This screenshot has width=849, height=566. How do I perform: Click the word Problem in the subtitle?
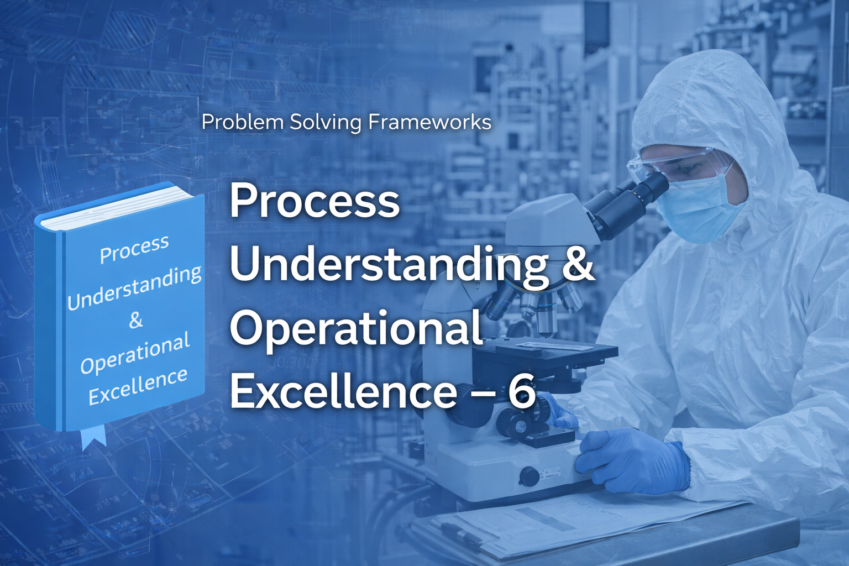[243, 122]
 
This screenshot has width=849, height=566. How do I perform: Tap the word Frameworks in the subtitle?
[429, 122]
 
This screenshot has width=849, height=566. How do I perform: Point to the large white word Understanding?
[389, 265]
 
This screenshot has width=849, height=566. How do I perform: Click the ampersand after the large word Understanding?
[579, 264]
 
